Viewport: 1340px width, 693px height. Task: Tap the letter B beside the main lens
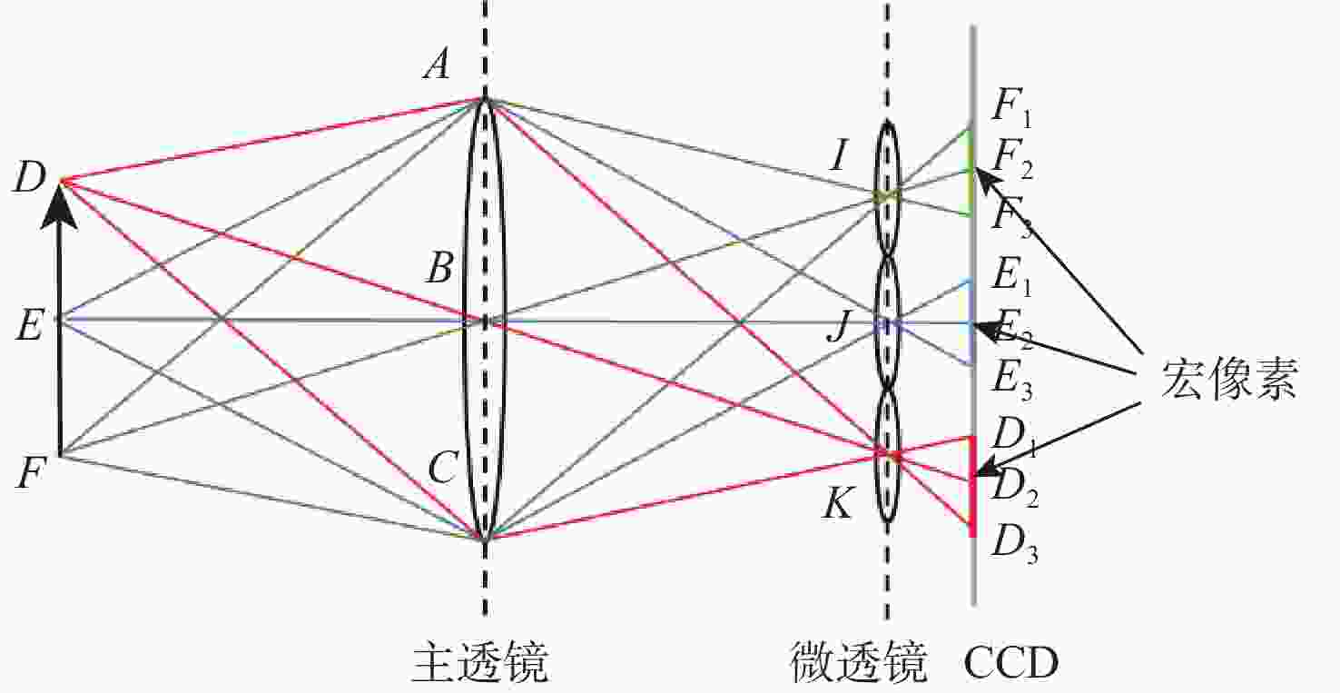[439, 268]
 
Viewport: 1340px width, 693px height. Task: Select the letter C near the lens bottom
[443, 468]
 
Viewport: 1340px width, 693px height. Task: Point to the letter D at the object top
[30, 178]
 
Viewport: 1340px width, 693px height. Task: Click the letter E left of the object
[30, 327]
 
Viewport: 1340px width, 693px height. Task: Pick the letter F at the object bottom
[31, 473]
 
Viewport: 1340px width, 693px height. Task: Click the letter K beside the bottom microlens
[837, 502]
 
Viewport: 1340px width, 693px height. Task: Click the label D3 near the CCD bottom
[1015, 547]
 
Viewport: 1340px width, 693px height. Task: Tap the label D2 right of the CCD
[1015, 490]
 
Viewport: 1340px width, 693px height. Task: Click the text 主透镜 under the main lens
[480, 662]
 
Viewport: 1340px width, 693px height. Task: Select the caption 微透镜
[859, 662]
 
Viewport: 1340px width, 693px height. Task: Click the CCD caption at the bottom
[1011, 663]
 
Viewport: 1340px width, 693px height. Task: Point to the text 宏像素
[1228, 378]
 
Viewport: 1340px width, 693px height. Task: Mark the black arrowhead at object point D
[59, 206]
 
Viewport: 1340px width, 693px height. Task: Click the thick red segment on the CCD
[972, 486]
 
